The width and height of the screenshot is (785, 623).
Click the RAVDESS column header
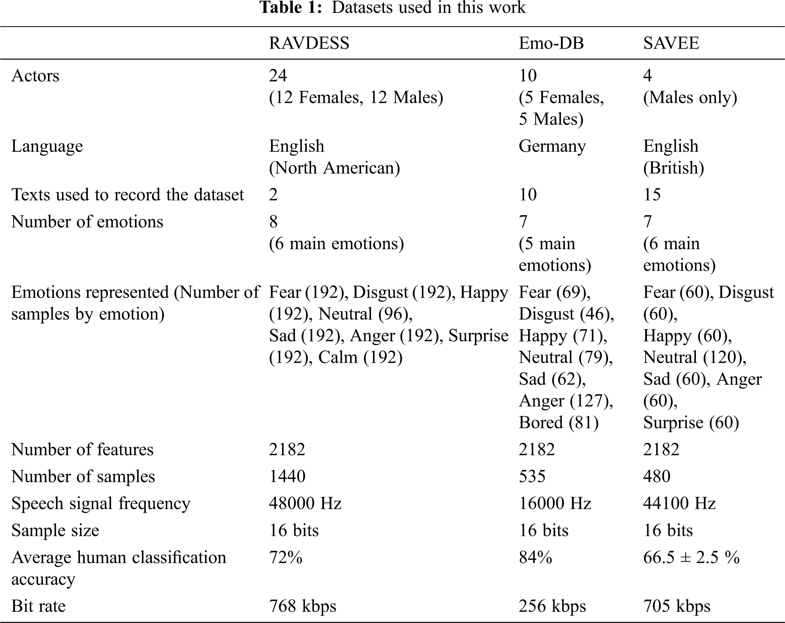[x=309, y=43]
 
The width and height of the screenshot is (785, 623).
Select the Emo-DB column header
[x=551, y=43]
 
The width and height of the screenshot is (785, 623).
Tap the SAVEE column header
[x=671, y=43]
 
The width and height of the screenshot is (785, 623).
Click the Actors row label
[x=35, y=76]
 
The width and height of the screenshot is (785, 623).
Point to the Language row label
[x=47, y=146]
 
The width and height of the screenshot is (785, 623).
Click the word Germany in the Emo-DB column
[x=552, y=146]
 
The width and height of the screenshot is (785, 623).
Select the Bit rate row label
[x=38, y=606]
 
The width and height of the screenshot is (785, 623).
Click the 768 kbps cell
[x=302, y=606]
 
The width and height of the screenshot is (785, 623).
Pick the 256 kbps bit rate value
[x=552, y=606]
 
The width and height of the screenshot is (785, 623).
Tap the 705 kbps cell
[x=677, y=606]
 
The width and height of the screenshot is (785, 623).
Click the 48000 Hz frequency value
[x=305, y=503]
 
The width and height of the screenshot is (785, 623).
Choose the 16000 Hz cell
[x=555, y=503]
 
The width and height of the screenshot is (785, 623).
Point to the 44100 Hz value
[x=679, y=503]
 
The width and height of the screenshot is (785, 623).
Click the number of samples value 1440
[x=287, y=476]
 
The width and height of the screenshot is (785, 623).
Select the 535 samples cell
[x=532, y=476]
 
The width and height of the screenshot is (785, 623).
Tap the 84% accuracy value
[x=535, y=558]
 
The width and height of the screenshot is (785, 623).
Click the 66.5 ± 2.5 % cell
[x=691, y=558]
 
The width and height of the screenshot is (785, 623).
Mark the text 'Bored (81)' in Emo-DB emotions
[x=559, y=423]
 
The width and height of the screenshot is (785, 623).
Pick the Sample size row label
[x=55, y=531]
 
